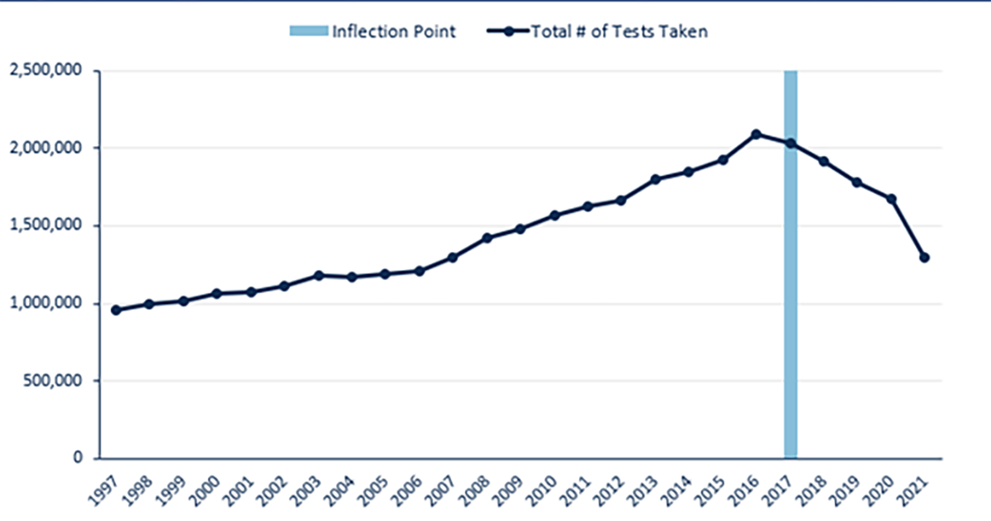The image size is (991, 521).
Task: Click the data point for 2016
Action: [x=756, y=134]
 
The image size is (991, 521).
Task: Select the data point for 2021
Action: [x=925, y=258]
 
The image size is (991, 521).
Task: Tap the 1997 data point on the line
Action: [x=116, y=310]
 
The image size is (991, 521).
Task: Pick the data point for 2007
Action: [x=453, y=258]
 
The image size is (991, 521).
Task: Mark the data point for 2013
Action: [x=655, y=179]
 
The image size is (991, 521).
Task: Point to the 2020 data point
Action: [x=891, y=199]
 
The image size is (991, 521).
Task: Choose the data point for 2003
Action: [x=318, y=276]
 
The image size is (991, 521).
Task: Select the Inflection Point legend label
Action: [x=394, y=32]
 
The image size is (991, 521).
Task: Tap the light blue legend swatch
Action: [x=308, y=32]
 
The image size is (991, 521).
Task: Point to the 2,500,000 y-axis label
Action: [x=45, y=71]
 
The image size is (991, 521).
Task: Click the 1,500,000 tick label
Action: [x=45, y=225]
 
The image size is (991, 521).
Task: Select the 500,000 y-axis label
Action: [x=51, y=381]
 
